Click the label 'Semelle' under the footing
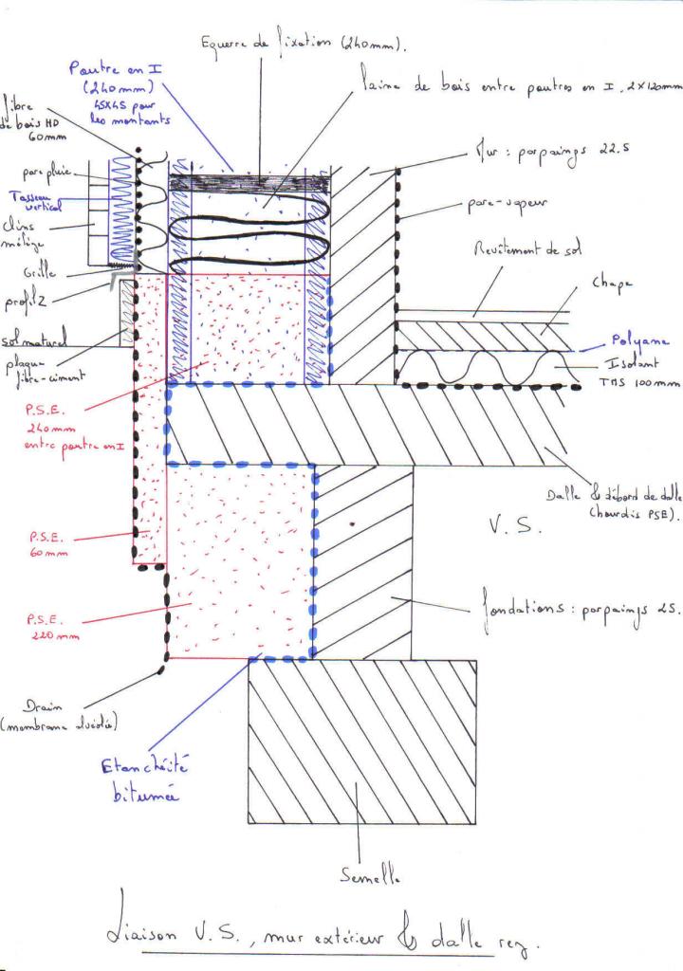(x=361, y=878)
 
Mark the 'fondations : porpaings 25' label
(x=574, y=611)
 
